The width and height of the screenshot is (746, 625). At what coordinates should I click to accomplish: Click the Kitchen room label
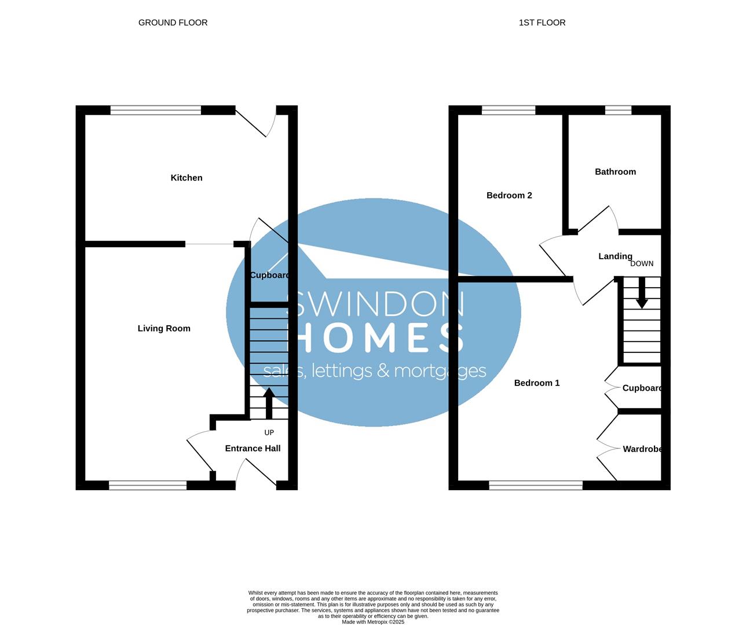pos(186,178)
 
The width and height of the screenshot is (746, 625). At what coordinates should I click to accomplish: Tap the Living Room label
pos(164,328)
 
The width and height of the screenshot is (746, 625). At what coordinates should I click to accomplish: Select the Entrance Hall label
pos(253,448)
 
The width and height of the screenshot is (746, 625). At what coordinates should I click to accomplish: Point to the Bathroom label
pos(615,172)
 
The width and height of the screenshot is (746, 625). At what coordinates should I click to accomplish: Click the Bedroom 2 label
pos(509,196)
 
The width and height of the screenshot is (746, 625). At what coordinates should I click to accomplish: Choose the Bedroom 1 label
pos(537,383)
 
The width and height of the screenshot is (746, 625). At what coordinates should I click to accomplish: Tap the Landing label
pos(615,256)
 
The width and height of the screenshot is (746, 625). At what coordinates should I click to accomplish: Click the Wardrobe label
pos(642,449)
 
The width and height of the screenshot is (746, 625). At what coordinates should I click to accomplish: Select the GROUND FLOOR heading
pos(173,23)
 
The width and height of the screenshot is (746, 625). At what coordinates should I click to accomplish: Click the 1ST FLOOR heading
pos(542,23)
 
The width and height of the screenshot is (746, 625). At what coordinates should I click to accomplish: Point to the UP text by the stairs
pos(269,432)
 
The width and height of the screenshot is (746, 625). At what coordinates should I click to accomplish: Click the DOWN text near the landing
pos(642,263)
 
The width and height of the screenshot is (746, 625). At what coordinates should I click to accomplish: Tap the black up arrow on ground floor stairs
pos(269,403)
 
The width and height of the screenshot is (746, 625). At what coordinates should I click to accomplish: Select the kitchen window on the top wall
pos(156,110)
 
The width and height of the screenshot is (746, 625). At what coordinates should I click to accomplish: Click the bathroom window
pos(618,110)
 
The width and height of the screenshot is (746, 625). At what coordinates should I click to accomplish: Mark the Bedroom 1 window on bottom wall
pos(536,485)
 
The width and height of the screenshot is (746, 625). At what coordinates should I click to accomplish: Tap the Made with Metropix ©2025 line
pos(373,622)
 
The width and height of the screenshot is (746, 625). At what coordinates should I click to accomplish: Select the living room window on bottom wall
pos(148,485)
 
